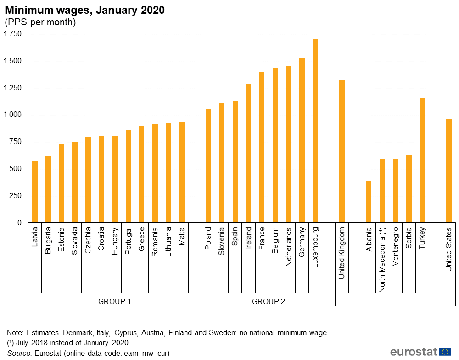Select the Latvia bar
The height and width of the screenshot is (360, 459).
35,192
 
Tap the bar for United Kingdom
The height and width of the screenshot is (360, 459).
342,151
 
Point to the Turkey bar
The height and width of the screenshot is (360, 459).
422,161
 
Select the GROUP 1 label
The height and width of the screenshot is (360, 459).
115,301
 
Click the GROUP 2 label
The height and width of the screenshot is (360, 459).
269,301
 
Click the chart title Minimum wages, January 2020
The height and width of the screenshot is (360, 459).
85,10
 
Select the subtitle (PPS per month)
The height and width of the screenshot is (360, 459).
40,22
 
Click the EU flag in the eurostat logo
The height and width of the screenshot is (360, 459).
445,352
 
